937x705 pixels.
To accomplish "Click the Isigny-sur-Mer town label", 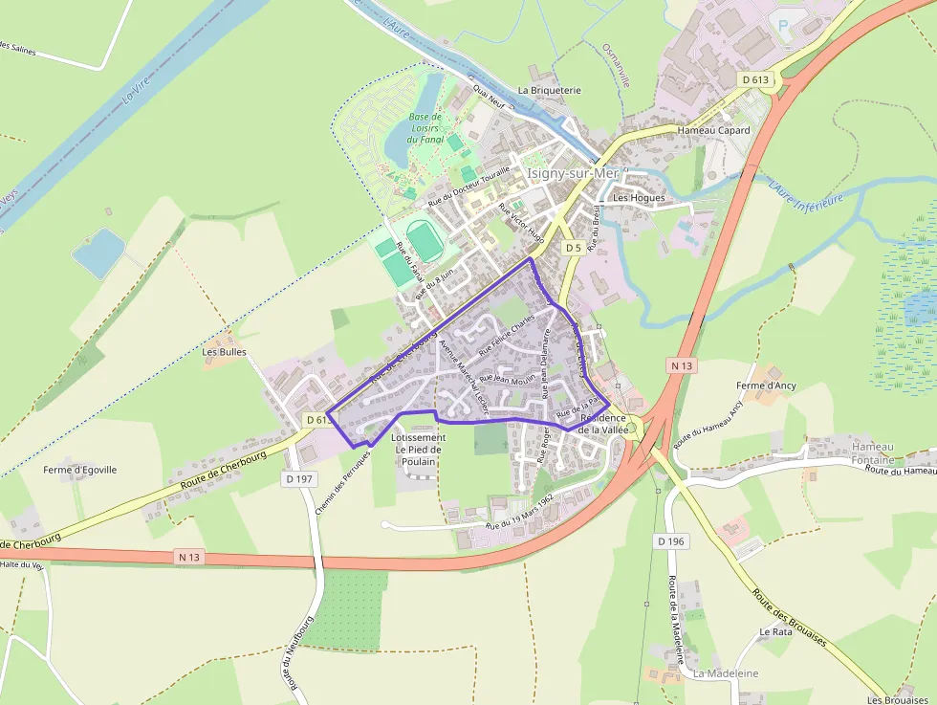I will tap(573, 173).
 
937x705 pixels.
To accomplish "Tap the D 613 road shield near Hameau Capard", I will tap(756, 81).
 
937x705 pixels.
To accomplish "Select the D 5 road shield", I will tap(573, 248).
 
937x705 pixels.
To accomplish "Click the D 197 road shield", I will tap(299, 478).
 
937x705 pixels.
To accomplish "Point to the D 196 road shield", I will tap(671, 541).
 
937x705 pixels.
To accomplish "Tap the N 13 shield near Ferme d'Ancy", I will tap(682, 365).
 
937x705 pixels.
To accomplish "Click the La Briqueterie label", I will tap(550, 90).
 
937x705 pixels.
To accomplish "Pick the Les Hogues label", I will tap(639, 198).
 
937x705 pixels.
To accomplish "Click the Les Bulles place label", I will tap(224, 351).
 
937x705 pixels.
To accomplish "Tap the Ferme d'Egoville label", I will tap(80, 470).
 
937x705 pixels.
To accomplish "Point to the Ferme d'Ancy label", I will tap(767, 386).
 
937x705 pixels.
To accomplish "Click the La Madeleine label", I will tap(726, 673).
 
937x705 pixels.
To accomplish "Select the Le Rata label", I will tap(775, 632).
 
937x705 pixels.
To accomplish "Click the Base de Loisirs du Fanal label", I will tap(425, 127).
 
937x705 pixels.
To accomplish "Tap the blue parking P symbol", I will tap(784, 27).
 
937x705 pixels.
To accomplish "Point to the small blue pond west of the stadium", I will tap(98, 253).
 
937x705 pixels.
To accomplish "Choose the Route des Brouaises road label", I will tap(789, 618).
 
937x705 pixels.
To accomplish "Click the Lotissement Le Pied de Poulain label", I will tap(418, 450).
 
